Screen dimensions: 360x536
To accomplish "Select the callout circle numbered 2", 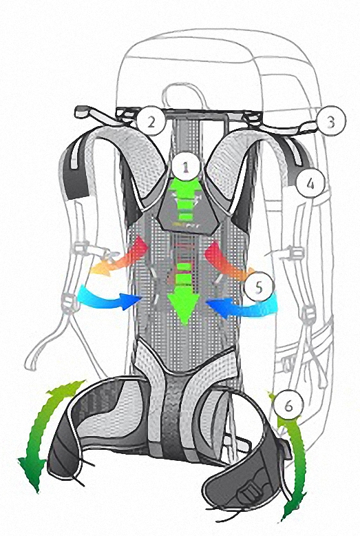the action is click(x=151, y=121).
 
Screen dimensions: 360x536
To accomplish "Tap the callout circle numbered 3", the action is click(x=331, y=121).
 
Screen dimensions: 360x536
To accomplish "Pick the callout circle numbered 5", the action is click(x=260, y=287).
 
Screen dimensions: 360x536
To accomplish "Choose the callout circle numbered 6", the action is click(x=288, y=406).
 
